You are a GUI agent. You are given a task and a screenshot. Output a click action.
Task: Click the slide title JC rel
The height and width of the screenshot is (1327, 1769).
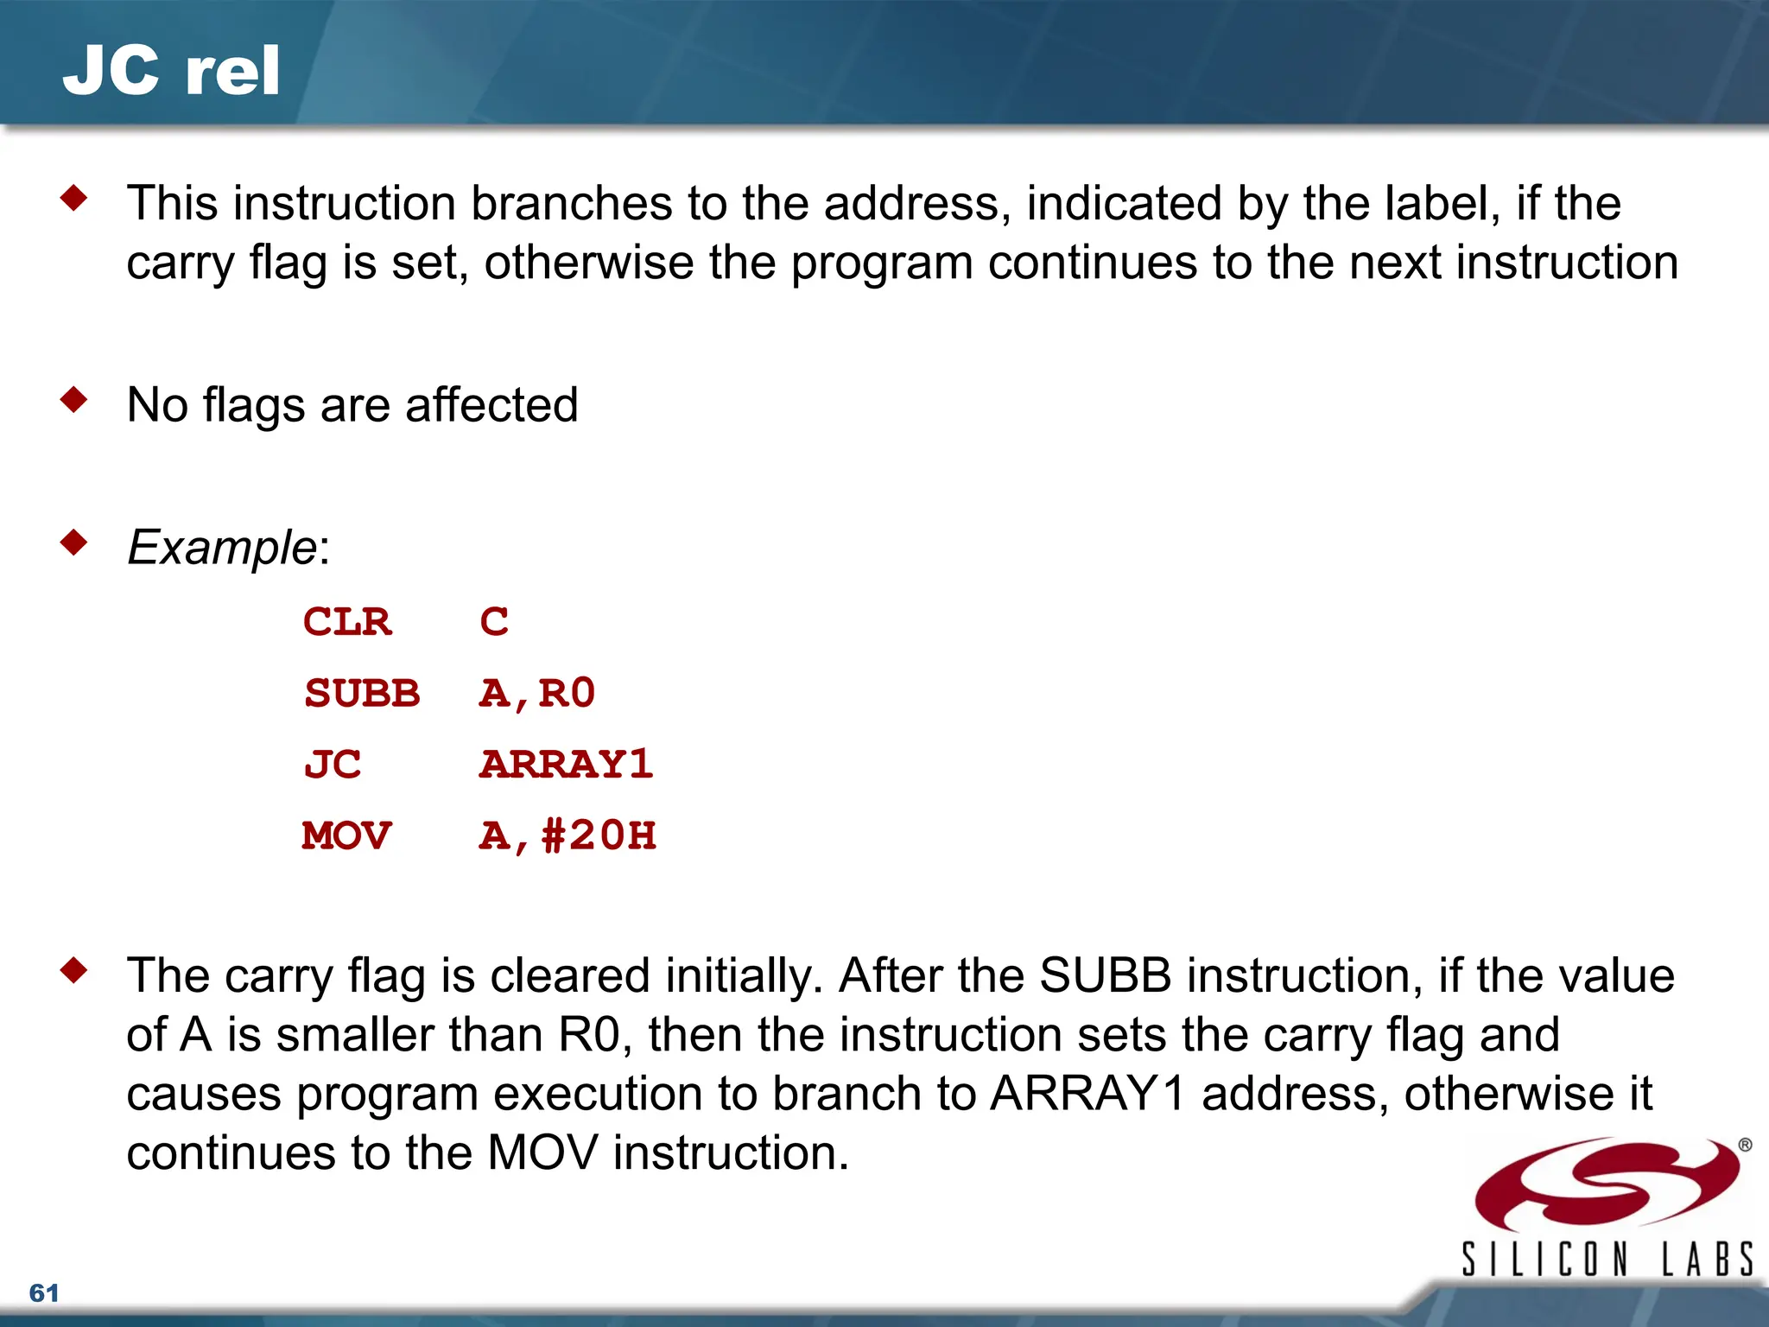point(171,71)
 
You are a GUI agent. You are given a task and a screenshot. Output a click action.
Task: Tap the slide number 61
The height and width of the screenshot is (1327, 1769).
point(44,1292)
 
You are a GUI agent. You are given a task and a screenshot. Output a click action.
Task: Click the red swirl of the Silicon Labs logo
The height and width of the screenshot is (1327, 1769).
point(1607,1184)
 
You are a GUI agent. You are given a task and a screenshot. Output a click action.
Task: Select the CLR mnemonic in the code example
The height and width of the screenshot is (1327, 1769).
point(347,622)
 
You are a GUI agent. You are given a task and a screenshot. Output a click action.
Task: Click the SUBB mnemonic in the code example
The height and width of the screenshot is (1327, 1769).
point(362,694)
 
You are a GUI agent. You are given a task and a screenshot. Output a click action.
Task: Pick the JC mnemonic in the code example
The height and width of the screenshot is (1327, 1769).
point(333,765)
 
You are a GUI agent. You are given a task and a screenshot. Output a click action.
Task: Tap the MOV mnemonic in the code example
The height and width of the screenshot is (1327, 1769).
point(347,836)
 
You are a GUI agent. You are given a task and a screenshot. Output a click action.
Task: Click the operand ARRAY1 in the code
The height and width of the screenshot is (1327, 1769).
point(567,765)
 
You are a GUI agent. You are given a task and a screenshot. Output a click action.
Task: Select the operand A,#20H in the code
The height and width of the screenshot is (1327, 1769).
point(567,836)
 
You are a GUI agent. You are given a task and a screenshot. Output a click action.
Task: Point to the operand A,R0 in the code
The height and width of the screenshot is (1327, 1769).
point(537,694)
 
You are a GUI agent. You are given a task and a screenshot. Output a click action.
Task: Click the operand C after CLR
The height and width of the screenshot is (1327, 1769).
point(494,622)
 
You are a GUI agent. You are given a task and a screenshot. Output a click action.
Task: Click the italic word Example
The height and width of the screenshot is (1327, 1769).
point(222,548)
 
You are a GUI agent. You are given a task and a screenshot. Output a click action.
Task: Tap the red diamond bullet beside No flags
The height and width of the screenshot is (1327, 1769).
point(74,400)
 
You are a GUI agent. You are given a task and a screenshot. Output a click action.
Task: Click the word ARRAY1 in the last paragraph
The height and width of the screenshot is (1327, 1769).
point(1088,1094)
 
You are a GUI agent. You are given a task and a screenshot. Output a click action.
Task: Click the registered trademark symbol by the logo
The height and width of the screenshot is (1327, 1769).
point(1745,1146)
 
